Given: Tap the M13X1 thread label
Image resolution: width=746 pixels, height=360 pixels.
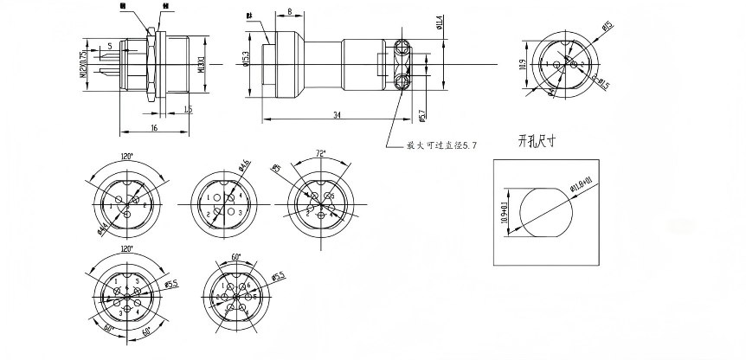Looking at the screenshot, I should click(x=201, y=66).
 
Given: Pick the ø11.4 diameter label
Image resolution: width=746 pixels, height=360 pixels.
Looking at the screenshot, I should click(x=440, y=23).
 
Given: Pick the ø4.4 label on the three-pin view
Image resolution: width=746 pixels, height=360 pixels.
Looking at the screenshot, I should click(x=103, y=228).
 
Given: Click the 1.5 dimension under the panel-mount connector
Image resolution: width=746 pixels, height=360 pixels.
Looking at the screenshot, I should click(x=187, y=109).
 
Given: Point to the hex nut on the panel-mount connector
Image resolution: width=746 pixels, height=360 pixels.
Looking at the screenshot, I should click(x=151, y=65).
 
